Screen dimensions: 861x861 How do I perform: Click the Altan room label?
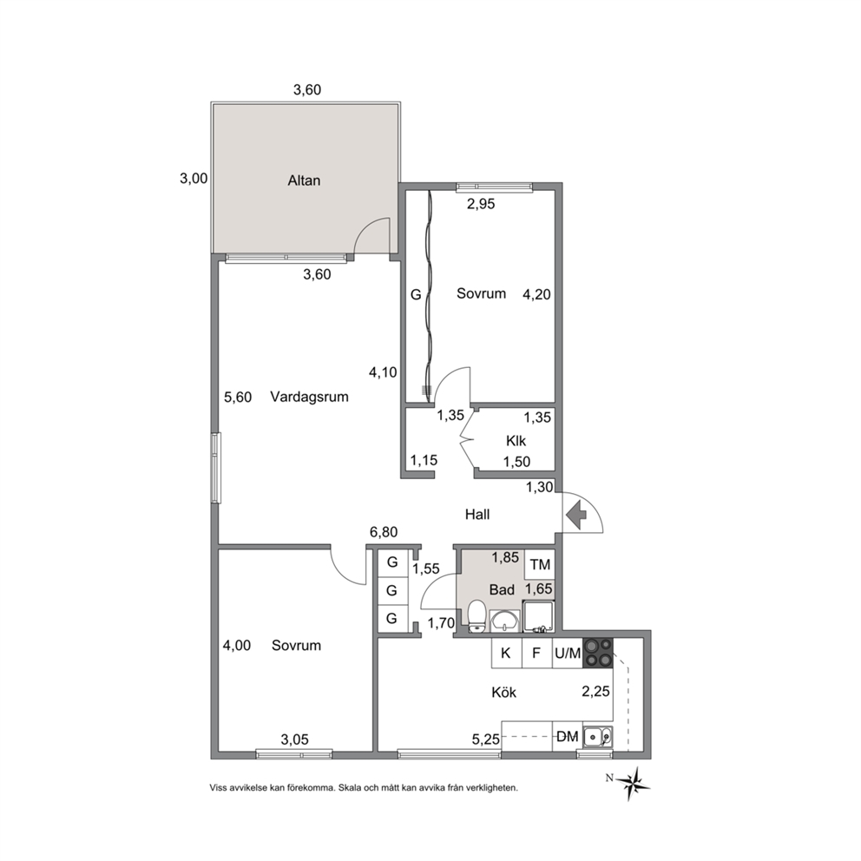[x=304, y=181]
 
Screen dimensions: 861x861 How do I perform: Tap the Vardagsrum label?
[x=309, y=397]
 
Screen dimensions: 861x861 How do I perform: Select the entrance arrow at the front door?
[x=576, y=515]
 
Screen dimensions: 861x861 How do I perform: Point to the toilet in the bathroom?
[x=477, y=616]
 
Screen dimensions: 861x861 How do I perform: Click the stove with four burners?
[x=598, y=653]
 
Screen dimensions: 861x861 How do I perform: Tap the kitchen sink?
[x=598, y=736]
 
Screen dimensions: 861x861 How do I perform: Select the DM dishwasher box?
[x=568, y=736]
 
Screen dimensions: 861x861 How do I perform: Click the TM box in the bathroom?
[x=540, y=564]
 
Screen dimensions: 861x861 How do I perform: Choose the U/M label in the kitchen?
[x=568, y=653]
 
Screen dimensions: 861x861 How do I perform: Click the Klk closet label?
[x=516, y=440]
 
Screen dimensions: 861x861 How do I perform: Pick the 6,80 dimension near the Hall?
[x=384, y=531]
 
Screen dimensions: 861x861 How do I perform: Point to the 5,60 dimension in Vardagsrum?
[x=238, y=397]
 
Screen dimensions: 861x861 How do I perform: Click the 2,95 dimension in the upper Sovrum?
[x=481, y=204]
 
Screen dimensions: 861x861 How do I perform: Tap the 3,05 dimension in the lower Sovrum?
[x=294, y=739]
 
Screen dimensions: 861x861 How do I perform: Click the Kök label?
[x=503, y=693]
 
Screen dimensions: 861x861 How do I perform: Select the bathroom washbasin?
[x=504, y=621]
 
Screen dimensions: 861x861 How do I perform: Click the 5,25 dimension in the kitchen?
[x=485, y=739]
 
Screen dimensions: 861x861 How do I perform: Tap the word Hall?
[x=477, y=515]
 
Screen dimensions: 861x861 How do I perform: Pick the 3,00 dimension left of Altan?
[x=194, y=179]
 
